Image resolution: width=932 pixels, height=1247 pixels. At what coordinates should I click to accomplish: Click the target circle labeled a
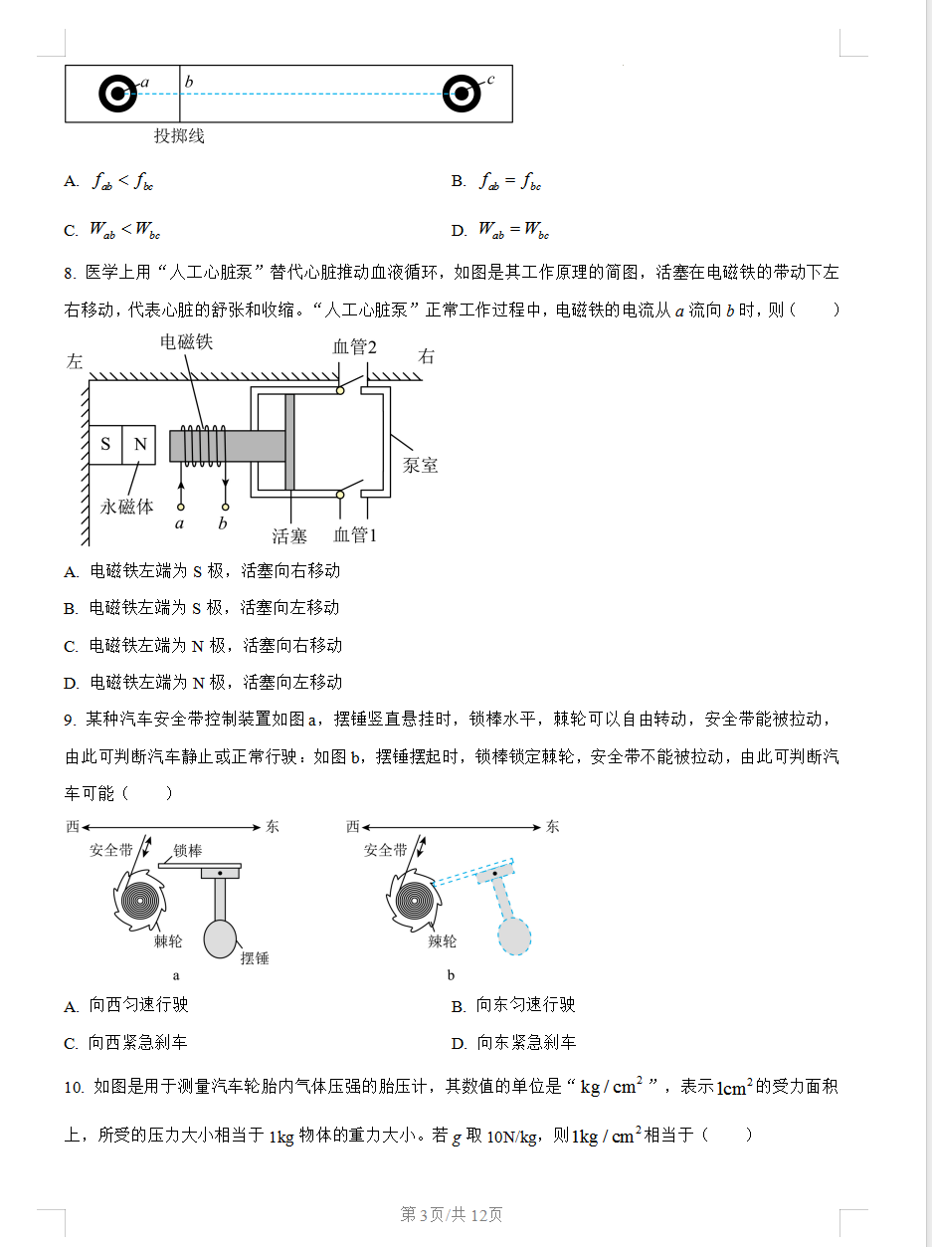[117, 94]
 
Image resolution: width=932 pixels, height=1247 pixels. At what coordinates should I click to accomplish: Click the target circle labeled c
[461, 94]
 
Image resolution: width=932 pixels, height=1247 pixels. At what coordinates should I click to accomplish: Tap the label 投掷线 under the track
[178, 136]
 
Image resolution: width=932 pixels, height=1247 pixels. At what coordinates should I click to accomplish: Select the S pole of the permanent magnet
[105, 445]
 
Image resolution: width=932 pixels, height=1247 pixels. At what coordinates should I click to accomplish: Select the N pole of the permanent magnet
[140, 445]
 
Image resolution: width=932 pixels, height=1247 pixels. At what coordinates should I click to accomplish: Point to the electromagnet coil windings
[203, 445]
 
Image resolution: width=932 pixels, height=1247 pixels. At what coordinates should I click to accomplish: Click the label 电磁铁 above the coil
[187, 342]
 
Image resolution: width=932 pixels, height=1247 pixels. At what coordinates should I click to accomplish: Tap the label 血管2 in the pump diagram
[354, 346]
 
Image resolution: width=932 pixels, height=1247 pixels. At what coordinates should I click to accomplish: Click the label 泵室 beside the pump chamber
[420, 465]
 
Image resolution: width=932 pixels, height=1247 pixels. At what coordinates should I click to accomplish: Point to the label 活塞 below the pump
[289, 536]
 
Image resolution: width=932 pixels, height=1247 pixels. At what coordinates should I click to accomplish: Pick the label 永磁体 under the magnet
[127, 507]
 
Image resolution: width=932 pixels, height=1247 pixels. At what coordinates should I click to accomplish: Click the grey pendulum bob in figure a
[221, 938]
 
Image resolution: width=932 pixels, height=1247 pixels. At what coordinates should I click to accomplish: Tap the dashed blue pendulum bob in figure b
[513, 936]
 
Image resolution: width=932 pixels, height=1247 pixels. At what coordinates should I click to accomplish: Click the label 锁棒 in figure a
[187, 851]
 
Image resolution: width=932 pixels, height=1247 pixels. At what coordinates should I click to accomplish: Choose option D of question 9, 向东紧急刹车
[525, 1043]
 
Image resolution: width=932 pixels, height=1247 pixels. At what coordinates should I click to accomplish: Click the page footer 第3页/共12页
[451, 1214]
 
